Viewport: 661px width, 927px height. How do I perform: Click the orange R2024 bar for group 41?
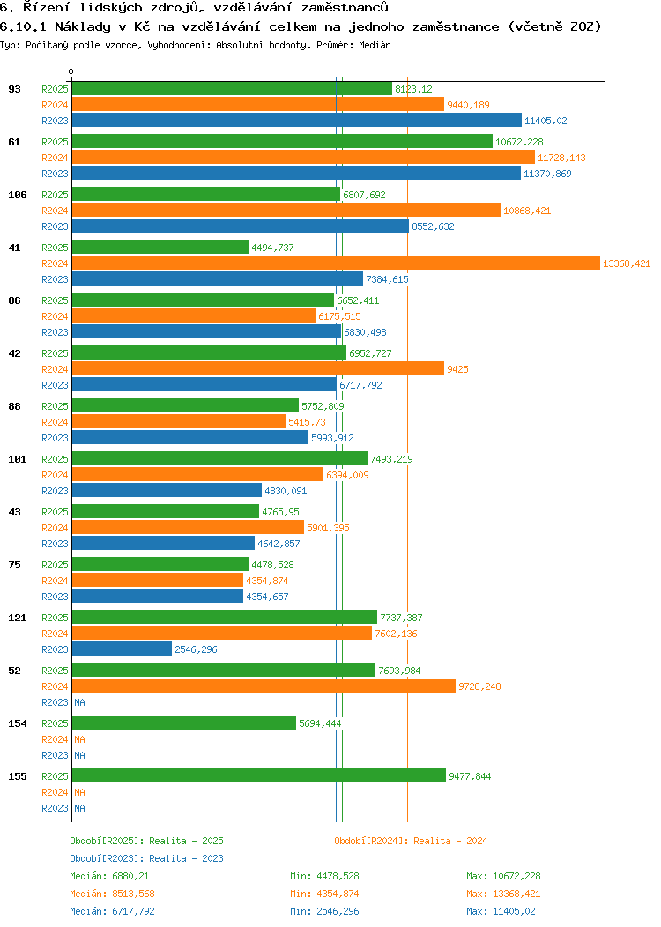pyautogui.click(x=335, y=263)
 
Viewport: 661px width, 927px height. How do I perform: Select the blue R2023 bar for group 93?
pyautogui.click(x=296, y=121)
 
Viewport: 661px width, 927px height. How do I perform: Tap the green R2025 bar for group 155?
pyautogui.click(x=258, y=776)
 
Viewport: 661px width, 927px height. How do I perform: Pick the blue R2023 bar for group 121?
pyautogui.click(x=122, y=649)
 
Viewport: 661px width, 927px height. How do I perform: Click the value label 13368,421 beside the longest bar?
pyautogui.click(x=626, y=263)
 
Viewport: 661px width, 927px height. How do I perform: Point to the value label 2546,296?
pyautogui.click(x=196, y=649)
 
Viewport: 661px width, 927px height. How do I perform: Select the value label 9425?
pyautogui.click(x=457, y=369)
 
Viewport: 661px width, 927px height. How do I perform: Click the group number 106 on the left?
pyautogui.click(x=18, y=195)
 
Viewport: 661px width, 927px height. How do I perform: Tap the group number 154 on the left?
pyautogui.click(x=18, y=723)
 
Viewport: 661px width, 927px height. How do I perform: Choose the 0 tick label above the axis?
pyautogui.click(x=71, y=71)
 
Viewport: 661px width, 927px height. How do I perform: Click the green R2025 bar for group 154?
pyautogui.click(x=183, y=723)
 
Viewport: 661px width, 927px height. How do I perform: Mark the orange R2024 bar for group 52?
pyautogui.click(x=264, y=686)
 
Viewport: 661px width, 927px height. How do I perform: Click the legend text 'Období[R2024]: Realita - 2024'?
pyautogui.click(x=411, y=841)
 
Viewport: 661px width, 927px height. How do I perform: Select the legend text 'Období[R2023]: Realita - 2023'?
pyautogui.click(x=146, y=858)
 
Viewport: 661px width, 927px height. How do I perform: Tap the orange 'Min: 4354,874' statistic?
pyautogui.click(x=324, y=894)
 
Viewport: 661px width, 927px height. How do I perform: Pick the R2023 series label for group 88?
pyautogui.click(x=55, y=438)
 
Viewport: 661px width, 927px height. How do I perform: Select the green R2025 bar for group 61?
pyautogui.click(x=282, y=142)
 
